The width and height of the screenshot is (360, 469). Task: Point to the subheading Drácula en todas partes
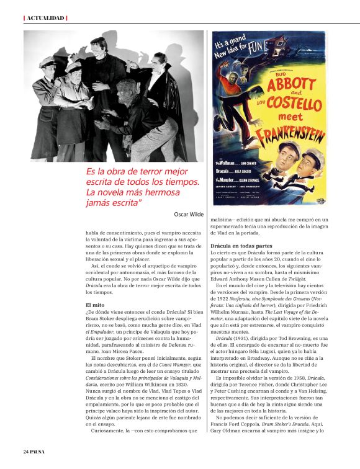pyautogui.click(x=241, y=246)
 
